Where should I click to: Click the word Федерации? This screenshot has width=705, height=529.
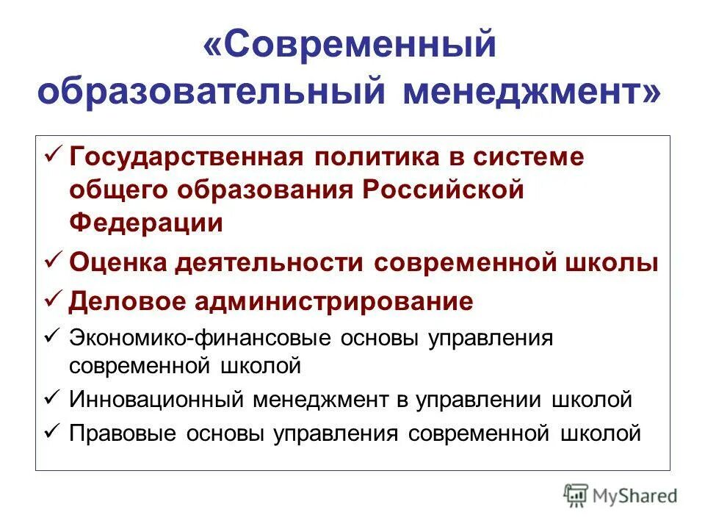[x=146, y=222]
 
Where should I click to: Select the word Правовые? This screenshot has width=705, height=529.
[x=126, y=433]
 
